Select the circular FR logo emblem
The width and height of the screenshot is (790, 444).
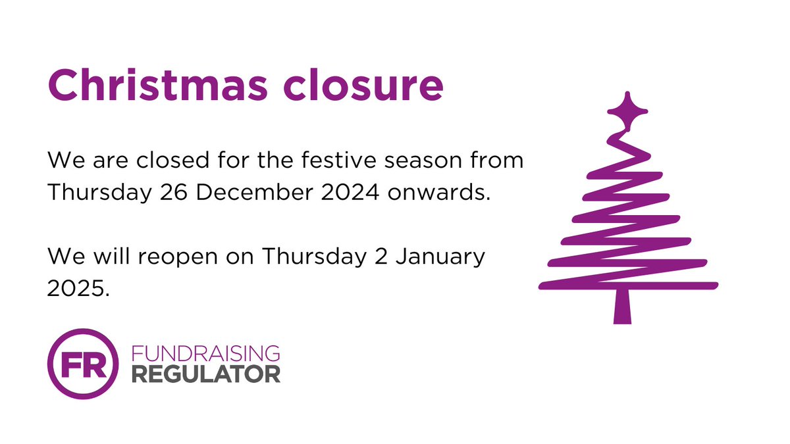pos(83,364)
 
